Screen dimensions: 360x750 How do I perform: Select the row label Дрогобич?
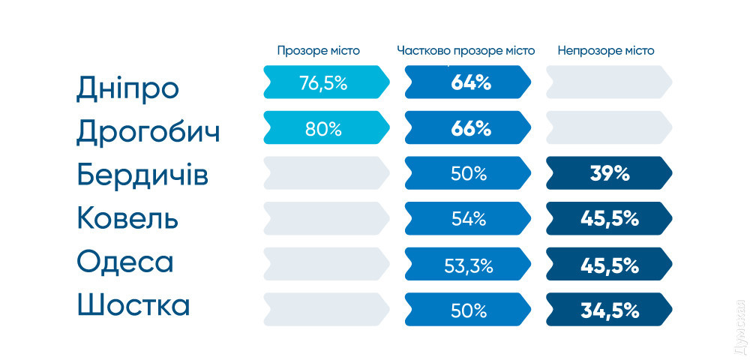pyautogui.click(x=148, y=133)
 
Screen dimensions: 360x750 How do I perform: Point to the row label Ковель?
pyautogui.click(x=127, y=219)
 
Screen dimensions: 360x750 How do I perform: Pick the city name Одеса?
pyautogui.click(x=124, y=262)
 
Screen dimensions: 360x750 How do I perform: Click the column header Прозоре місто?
pyautogui.click(x=318, y=51)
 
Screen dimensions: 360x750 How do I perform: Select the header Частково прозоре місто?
pyautogui.click(x=466, y=51)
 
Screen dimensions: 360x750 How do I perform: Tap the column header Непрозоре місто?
pyautogui.click(x=605, y=51)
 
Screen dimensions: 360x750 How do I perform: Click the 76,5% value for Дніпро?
pyautogui.click(x=323, y=82)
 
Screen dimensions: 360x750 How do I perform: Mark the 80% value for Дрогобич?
pyautogui.click(x=323, y=128)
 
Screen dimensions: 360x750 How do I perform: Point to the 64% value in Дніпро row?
pyautogui.click(x=471, y=82)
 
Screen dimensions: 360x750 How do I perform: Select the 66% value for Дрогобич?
pyautogui.click(x=471, y=128)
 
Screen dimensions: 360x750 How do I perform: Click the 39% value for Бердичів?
pyautogui.click(x=609, y=174)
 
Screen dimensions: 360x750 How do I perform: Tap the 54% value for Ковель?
pyautogui.click(x=469, y=219)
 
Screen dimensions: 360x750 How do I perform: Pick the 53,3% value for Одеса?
pyautogui.click(x=469, y=265)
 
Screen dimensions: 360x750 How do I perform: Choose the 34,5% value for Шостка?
pyautogui.click(x=609, y=310)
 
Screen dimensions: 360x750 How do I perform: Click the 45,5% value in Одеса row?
pyautogui.click(x=609, y=265)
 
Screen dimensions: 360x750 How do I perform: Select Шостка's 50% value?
pyautogui.click(x=469, y=310)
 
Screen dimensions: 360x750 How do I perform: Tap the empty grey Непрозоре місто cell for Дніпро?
pyautogui.click(x=607, y=82)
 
